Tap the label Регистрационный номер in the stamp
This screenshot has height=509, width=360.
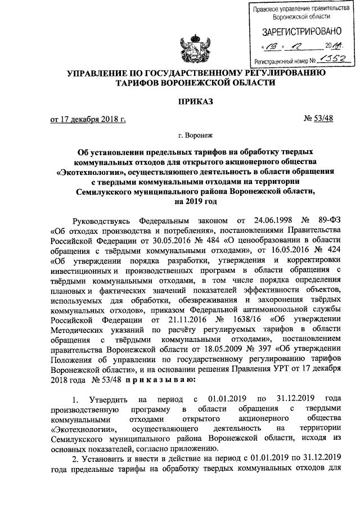pos(280,59)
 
